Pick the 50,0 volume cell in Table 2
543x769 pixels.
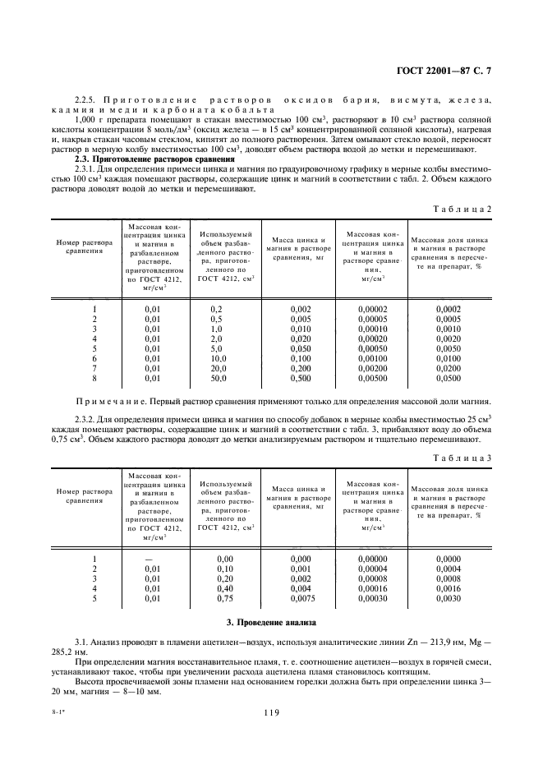click(217, 379)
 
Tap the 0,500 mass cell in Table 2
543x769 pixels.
click(301, 379)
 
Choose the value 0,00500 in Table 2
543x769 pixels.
click(374, 379)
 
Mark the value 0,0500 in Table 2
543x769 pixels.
click(448, 379)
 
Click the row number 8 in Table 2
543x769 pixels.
click(95, 379)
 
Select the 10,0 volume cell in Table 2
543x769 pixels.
click(217, 359)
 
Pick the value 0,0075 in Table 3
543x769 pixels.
click(301, 598)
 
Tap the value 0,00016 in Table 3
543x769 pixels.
click(374, 588)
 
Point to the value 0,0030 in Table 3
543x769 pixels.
click(448, 598)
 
